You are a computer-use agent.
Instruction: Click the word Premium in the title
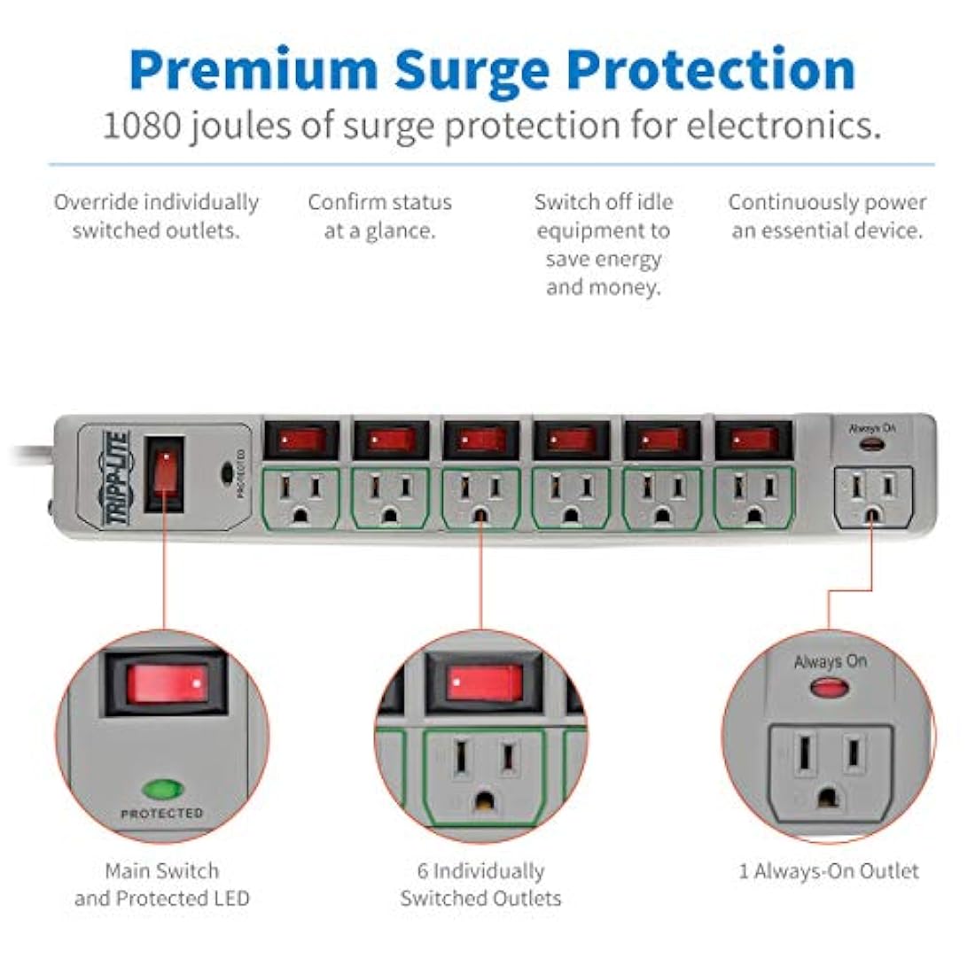tap(253, 70)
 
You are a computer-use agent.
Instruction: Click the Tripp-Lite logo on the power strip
tap(117, 478)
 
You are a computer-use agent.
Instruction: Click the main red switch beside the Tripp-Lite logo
tap(165, 474)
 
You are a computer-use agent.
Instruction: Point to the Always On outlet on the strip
tap(873, 497)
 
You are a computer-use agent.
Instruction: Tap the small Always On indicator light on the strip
tap(872, 444)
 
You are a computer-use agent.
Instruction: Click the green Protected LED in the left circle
tap(163, 789)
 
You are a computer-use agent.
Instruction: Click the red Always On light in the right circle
tap(830, 688)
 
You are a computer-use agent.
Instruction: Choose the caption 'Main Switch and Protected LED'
tap(162, 885)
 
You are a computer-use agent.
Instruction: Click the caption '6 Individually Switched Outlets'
tap(480, 885)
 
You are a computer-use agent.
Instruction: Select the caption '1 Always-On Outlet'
tap(828, 871)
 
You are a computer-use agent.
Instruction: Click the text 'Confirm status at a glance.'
tap(380, 216)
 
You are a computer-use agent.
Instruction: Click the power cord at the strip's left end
tap(32, 456)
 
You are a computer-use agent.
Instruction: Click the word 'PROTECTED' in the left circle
tap(162, 814)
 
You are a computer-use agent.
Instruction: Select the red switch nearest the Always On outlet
tap(753, 441)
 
